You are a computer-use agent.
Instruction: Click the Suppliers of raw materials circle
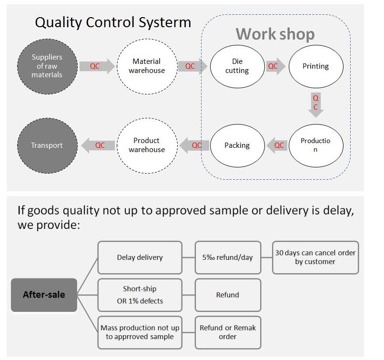point(47,66)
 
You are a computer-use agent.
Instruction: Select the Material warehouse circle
point(147,66)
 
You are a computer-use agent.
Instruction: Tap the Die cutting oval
point(237,66)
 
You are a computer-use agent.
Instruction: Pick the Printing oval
point(316,66)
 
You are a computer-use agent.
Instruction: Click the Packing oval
point(237,145)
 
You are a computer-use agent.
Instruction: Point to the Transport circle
point(47,145)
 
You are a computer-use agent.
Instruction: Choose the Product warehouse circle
point(147,145)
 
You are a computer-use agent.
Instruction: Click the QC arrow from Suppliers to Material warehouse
point(97,66)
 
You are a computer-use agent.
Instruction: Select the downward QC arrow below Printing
point(316,105)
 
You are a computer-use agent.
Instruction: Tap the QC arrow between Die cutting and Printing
point(276,66)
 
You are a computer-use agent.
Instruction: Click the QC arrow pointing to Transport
point(98,145)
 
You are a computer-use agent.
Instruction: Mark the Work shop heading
point(275,34)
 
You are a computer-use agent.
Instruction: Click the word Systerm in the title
point(164,22)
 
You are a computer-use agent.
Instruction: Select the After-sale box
point(44,295)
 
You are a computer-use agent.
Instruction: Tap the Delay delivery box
point(140,257)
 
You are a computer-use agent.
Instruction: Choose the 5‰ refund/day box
point(228,257)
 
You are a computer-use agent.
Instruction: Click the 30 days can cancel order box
point(315,257)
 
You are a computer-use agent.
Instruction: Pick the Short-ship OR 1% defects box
point(140,295)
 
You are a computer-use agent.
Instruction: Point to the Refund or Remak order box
point(228,332)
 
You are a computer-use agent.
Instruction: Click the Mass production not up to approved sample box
point(140,332)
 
